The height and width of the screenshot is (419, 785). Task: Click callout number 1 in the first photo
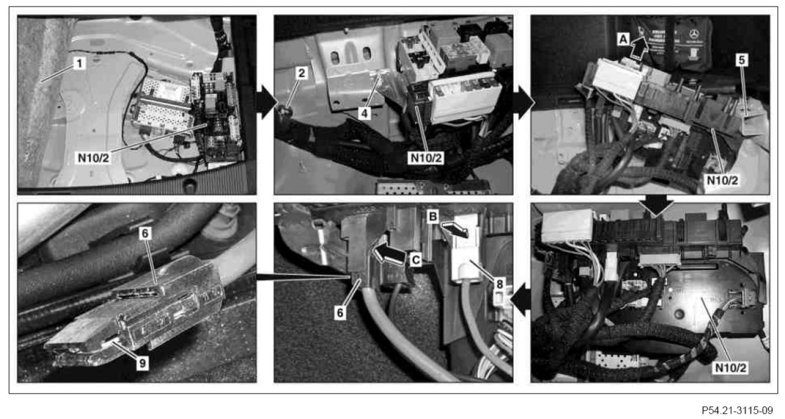coord(79,64)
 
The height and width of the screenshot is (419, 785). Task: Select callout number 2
coord(301,73)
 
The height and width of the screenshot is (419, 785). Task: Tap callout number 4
coord(365,113)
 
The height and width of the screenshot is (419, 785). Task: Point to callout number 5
coord(742,60)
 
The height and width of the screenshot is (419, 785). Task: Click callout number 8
coord(499,284)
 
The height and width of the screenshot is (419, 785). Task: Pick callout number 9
coord(143,363)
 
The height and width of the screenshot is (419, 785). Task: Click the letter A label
coord(623,38)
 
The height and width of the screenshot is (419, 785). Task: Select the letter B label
coord(433,216)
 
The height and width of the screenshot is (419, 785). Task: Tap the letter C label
coord(416,261)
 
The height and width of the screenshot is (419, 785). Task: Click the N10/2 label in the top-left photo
coord(93,157)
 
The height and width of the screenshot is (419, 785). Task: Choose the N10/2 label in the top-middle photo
coord(426,158)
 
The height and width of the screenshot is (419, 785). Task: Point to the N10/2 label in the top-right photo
coord(722,180)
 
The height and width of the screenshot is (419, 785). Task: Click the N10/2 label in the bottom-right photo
coord(731,368)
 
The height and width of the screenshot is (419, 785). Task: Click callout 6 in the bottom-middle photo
coord(340,313)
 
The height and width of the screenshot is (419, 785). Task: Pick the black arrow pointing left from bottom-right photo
coord(522,300)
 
